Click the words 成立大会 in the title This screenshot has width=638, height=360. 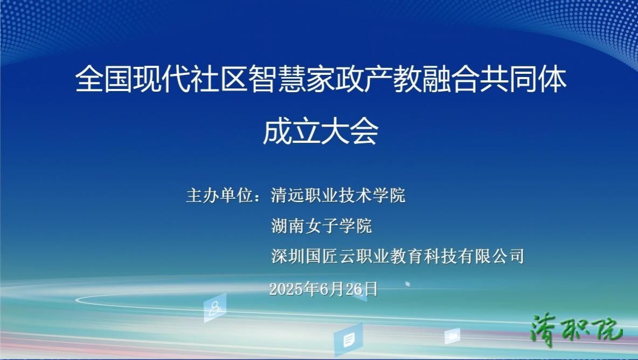pos(321,131)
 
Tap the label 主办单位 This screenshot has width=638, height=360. pos(220,196)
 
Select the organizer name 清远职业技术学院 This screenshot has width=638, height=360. pos(338,196)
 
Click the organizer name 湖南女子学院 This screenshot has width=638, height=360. pos(322,226)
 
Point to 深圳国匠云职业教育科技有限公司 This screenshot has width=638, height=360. pos(398,257)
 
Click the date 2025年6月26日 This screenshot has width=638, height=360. pos(323,289)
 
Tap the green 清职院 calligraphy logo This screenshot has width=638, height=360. pos(576,329)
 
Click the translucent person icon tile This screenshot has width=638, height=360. pos(215,308)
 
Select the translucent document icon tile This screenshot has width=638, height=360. pos(349,340)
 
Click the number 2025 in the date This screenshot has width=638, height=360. pos(286,289)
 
